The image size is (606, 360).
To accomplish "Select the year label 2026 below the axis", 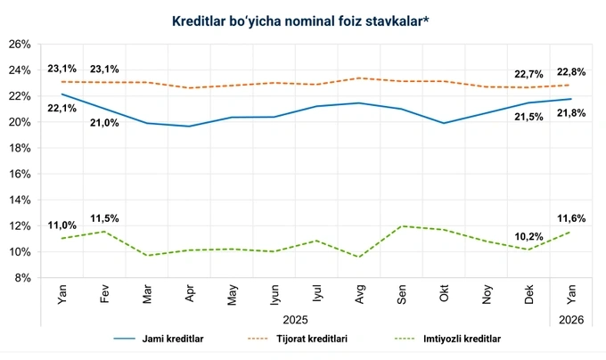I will [570, 318].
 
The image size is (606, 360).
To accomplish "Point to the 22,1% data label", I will [61, 109].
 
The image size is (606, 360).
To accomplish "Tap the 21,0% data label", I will [104, 123].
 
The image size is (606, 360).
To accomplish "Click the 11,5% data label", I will [104, 218].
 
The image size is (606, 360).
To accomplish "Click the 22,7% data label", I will [528, 74].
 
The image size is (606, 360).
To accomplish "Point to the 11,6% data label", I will [570, 218].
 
